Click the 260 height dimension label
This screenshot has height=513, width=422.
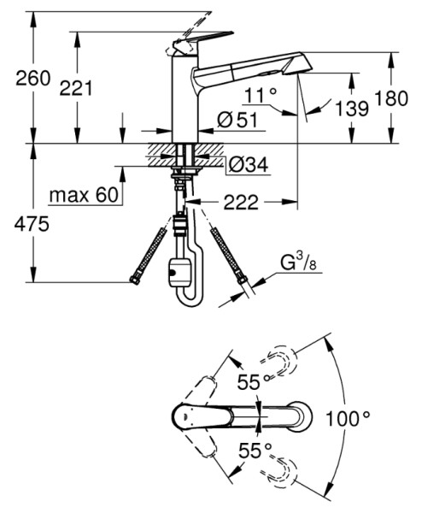pos(33,79)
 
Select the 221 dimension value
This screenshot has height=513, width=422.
pos(76,88)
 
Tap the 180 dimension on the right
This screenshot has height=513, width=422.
pos(391,98)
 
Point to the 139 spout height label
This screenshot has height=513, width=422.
pos(352,108)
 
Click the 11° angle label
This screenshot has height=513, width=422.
pos(261,95)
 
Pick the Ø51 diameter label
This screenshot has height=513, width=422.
pos(237,121)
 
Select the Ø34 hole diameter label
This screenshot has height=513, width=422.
pos(248,164)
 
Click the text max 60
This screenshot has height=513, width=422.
pos(84,195)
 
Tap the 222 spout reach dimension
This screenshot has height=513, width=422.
pos(241,202)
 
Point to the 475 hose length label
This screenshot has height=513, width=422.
pos(32,224)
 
